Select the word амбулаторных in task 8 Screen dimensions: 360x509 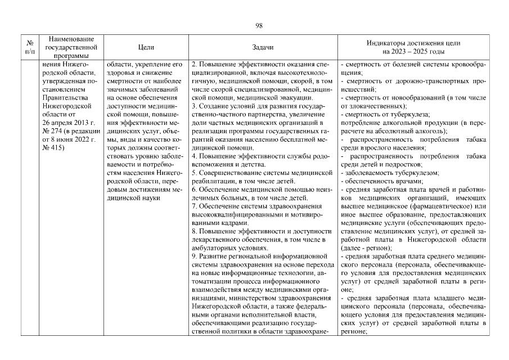(215, 247)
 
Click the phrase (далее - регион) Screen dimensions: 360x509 (365, 247)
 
